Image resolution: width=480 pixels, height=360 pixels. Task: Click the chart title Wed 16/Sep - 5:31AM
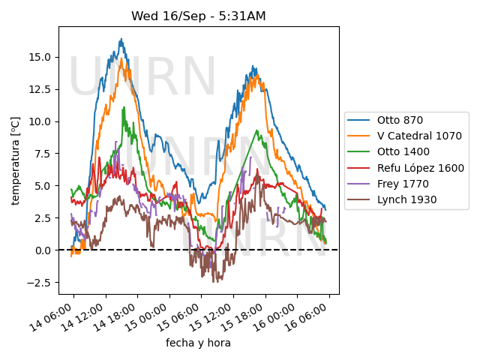pos(199,16)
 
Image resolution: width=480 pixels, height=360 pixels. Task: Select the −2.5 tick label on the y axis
pos(38,283)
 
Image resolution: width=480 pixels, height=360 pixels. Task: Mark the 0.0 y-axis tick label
pos(43,250)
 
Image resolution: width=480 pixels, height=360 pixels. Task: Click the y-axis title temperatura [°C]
pos(15,160)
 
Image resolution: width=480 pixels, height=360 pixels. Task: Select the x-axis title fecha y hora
pos(198,343)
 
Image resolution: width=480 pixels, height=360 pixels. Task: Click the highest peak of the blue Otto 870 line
pos(121,39)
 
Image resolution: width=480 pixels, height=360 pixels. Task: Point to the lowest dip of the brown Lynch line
pos(213,282)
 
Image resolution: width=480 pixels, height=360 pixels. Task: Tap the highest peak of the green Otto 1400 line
pos(124,107)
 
